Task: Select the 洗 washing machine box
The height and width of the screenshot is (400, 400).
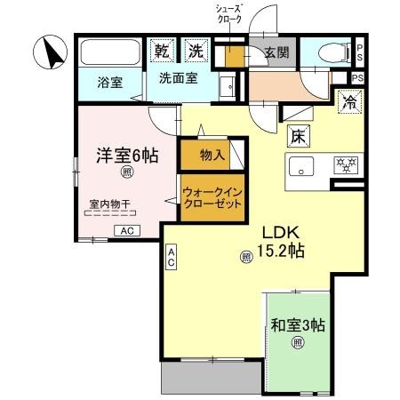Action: tap(194, 50)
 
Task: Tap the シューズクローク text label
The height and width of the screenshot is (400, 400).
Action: tap(228, 18)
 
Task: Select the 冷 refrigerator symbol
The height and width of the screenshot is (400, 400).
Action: tap(349, 101)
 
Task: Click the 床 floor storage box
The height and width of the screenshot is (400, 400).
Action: tap(297, 136)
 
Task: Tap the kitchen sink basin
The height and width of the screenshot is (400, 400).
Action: tap(301, 165)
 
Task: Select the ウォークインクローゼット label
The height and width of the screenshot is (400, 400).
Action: tap(212, 197)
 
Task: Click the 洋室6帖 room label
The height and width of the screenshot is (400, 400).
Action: tap(127, 155)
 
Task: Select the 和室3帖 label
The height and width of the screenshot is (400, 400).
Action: tap(299, 324)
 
